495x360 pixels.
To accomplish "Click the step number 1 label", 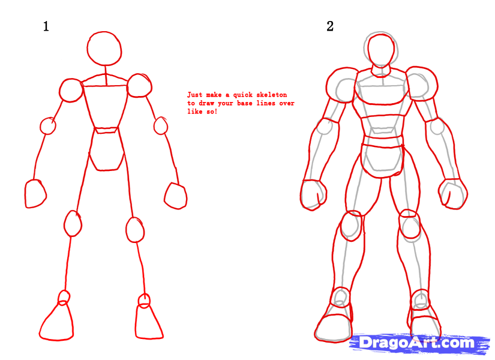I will coord(46,26).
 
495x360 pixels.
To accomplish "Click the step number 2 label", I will coord(329,26).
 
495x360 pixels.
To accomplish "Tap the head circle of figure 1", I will coord(106,49).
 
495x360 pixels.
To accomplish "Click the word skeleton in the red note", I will coord(269,95).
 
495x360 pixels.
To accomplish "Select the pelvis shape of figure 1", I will coord(107,151).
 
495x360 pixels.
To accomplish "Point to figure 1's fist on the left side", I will coord(35,194).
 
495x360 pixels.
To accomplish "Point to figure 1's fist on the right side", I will coord(176,196).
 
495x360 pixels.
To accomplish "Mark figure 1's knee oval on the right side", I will coord(136,229).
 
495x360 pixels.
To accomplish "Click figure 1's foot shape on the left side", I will coord(57,323).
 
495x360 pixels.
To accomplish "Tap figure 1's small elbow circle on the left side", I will coord(48,126).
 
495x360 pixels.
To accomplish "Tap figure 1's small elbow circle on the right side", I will coord(161,126).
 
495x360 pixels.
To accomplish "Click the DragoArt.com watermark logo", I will coord(417,343).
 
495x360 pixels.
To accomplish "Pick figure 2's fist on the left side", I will coord(313,194).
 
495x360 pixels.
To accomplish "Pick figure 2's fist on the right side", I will coord(453,194).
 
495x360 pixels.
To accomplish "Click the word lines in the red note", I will coord(269,103).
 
